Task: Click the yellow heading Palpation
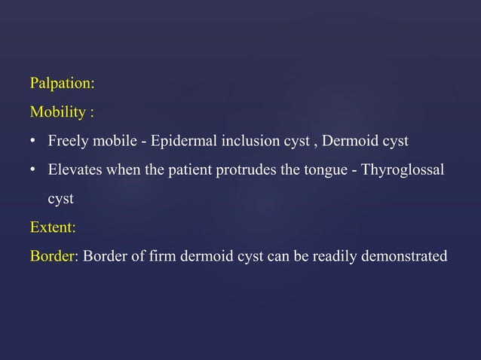[x=62, y=83]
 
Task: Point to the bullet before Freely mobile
[x=34, y=141]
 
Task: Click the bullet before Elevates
[x=34, y=169]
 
